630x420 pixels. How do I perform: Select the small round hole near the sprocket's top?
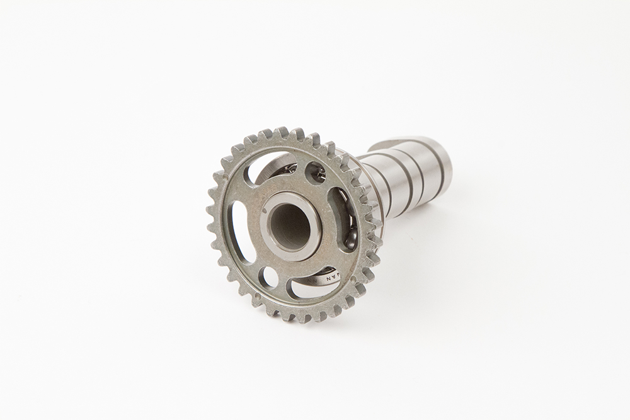click(x=315, y=172)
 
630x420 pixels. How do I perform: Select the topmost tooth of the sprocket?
click(x=281, y=133)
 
